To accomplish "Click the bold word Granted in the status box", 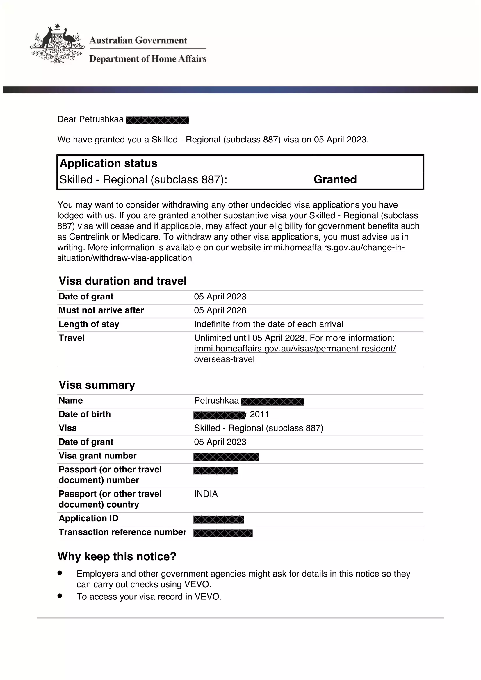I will pos(335,179).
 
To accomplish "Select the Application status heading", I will pos(108,163).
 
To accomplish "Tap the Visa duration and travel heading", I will pos(123,281).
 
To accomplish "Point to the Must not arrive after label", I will pos(101,310).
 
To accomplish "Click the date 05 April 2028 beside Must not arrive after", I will pos(220,310).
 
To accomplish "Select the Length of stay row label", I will pos(89,324).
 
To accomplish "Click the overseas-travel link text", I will pos(224,359).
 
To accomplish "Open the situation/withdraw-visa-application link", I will pos(124,258).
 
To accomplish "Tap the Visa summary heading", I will pos(97,385).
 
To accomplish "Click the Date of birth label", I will pos(85,414).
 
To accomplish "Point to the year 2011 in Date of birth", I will pos(259,414).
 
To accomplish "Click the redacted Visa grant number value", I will pos(226,457).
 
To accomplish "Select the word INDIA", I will pos(206,494).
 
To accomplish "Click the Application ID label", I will pos(89,518).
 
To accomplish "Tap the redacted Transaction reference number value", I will pos(223,533).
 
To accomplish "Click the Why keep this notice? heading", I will pos(117,556).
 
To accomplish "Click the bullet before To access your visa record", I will pos(60,596).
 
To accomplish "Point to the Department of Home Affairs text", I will pos(148,59).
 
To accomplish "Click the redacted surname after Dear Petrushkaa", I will pos(157,120).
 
